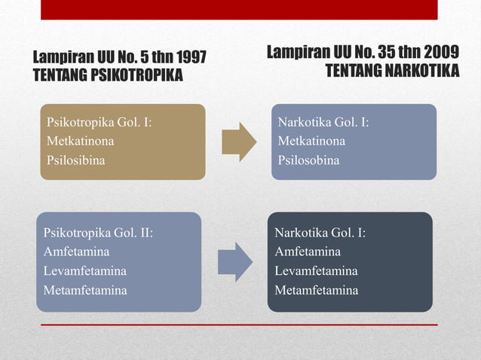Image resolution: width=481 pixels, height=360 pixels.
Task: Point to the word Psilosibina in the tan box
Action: click(76, 160)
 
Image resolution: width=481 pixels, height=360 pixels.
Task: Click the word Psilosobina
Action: click(308, 160)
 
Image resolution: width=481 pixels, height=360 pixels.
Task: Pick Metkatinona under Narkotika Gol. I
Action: click(311, 141)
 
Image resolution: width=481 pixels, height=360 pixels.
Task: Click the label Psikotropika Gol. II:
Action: click(98, 233)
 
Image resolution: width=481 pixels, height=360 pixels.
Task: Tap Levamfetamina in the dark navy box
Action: click(316, 270)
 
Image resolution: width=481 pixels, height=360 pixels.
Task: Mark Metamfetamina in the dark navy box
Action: click(317, 290)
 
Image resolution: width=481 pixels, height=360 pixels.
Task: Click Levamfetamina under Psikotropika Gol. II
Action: click(84, 270)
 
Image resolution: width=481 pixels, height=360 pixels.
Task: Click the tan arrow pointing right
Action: click(238, 141)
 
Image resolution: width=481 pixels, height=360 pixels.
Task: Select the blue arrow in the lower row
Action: click(234, 261)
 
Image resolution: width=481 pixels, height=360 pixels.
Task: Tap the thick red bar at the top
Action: click(238, 9)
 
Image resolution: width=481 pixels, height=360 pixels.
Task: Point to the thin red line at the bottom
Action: click(238, 325)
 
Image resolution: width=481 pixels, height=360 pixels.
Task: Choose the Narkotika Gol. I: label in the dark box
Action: click(320, 233)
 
